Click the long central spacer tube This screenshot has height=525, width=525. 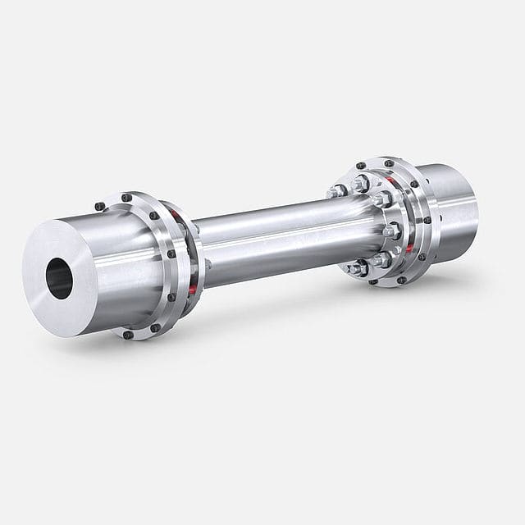tap(271, 238)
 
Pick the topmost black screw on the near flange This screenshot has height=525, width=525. tap(126, 198)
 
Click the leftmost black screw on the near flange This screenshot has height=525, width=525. tap(99, 206)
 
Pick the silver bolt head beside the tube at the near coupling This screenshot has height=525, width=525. tap(207, 264)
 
